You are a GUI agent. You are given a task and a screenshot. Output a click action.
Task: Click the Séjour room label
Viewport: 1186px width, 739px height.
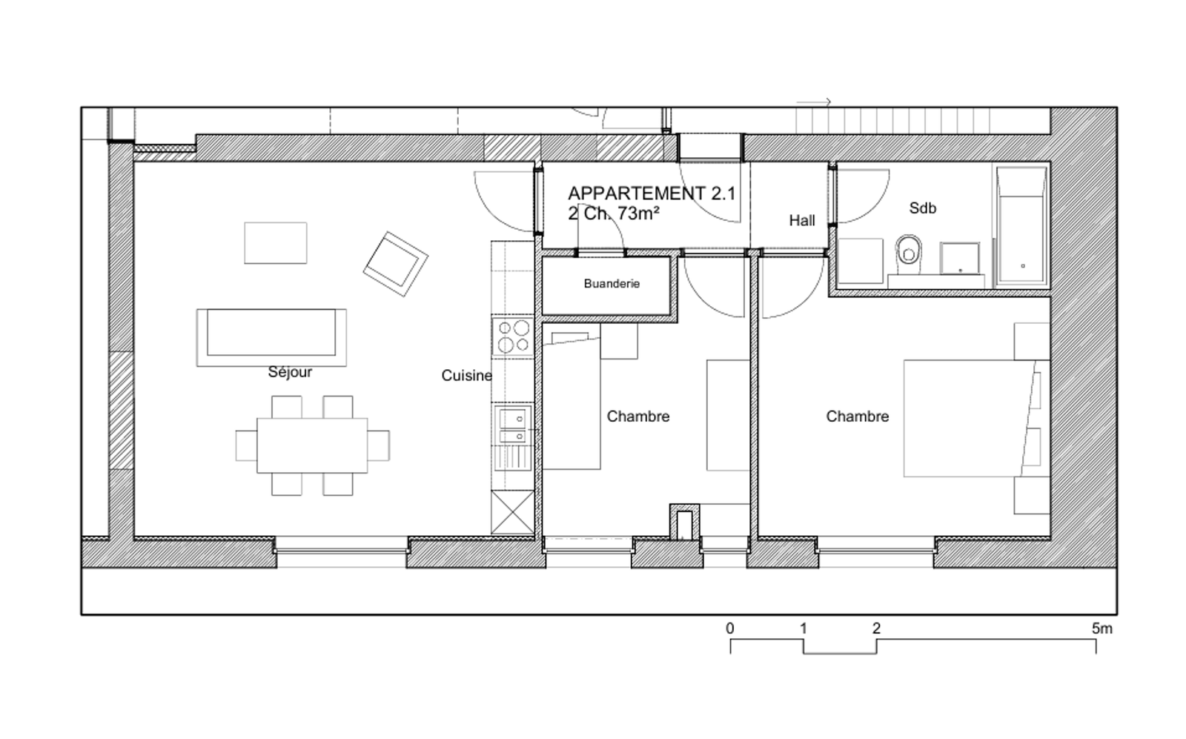coord(290,373)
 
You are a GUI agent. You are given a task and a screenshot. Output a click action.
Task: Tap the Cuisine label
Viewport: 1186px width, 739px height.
coord(466,376)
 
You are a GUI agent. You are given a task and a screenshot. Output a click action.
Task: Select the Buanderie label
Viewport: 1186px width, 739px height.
coord(612,284)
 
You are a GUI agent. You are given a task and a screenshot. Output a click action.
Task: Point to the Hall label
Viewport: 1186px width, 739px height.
coord(801,221)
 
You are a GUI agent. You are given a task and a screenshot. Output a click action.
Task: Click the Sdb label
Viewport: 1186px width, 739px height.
coord(922,208)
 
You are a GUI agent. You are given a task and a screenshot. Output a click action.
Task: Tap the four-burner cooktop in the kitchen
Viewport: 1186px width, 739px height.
coord(513,337)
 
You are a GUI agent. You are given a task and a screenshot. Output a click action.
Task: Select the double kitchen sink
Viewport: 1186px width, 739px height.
coord(512,425)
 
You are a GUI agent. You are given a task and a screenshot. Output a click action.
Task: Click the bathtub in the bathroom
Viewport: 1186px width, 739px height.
coord(1021,226)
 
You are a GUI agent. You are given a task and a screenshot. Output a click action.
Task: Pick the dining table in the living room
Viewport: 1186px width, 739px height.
coord(312,445)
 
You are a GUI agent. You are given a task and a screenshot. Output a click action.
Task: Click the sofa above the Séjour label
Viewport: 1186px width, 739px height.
coord(271,337)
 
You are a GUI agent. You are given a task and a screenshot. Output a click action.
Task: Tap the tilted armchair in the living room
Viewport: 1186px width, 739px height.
coord(396,264)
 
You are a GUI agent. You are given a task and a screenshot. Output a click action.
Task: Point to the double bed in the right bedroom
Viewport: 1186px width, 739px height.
coord(970,418)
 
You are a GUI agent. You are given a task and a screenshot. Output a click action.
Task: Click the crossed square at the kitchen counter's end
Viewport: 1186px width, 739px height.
coord(512,512)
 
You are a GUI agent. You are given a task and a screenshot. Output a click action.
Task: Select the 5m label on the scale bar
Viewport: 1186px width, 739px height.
coord(1101,629)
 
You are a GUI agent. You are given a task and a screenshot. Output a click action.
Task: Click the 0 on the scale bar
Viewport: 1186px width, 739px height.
coord(730,629)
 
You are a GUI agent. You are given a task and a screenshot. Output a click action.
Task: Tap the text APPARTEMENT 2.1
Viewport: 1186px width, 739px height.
coord(652,193)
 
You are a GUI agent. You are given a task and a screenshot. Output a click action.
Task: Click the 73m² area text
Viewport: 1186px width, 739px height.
coord(638,213)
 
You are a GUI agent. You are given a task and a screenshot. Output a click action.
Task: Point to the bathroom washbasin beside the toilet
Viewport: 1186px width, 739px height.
coord(959,259)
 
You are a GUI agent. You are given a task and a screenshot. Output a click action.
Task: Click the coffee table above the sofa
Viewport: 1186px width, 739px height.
coord(275,243)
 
